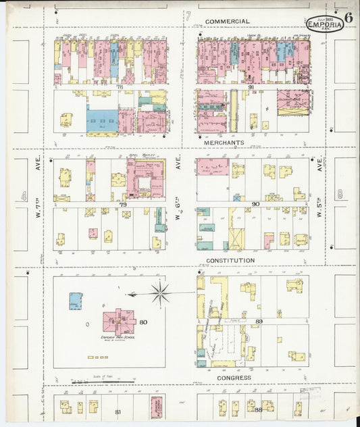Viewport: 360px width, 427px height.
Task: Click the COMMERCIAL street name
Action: (x=227, y=21)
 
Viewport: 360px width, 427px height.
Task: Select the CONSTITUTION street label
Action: (x=231, y=260)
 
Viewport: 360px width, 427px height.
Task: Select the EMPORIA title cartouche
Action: (x=325, y=24)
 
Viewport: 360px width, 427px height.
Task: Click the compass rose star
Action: (x=160, y=293)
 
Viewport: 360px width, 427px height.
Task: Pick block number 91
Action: (x=250, y=86)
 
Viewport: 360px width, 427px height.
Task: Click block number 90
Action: (x=255, y=203)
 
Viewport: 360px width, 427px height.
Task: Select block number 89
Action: (x=259, y=322)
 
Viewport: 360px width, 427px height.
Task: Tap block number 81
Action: (x=119, y=411)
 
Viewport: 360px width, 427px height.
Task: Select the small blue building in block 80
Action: (x=76, y=301)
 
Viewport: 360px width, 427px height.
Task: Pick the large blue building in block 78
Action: (x=102, y=121)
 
